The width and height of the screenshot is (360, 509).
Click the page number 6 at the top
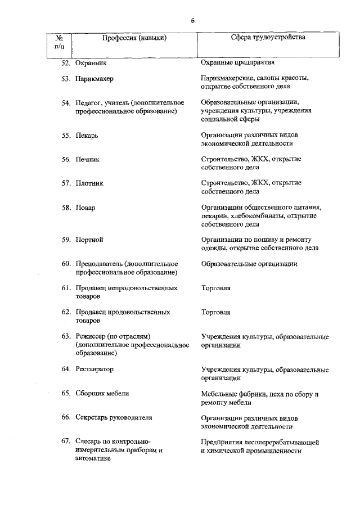pos(192,20)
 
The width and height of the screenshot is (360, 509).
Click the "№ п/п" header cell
pos(59,42)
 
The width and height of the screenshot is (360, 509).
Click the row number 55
pos(66,136)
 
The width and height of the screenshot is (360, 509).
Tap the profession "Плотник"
pos(90,183)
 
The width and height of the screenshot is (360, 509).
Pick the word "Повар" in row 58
pos(86,208)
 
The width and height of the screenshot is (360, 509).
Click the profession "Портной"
pos(89,240)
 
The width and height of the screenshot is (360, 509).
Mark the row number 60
pos(66,264)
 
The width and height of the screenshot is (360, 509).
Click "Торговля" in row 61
pos(215,288)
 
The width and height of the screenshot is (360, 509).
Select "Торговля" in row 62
pos(215,312)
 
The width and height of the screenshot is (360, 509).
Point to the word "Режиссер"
pos(91,336)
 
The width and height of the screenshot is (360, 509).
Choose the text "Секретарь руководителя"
pos(114,418)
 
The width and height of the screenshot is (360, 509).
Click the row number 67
pos(66,442)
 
